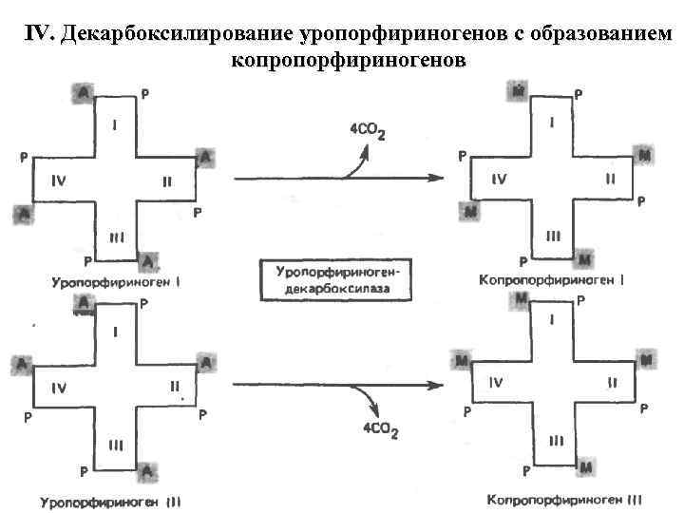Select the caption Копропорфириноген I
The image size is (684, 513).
coord(540,281)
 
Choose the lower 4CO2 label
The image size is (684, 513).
coord(380,432)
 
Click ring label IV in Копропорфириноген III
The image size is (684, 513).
coord(497,382)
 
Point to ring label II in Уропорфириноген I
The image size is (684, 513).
coord(168,182)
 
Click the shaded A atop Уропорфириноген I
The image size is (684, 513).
coord(83,91)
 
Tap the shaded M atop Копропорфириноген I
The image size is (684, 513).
coord(519,92)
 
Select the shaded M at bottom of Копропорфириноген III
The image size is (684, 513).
coord(585,467)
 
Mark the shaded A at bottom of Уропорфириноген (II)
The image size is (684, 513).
coord(146,470)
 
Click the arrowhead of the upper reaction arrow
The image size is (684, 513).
coord(439,178)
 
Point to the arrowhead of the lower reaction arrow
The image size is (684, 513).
coord(439,385)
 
